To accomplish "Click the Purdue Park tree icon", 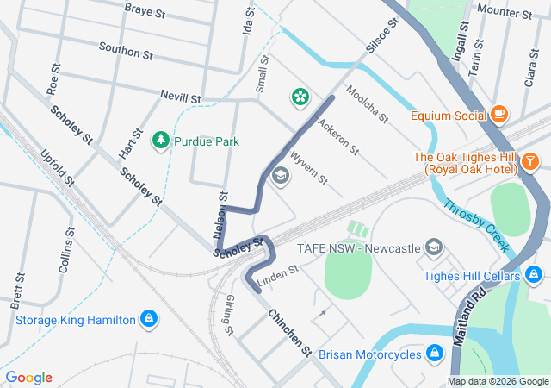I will tap(161, 140).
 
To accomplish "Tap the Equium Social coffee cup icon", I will tap(498, 114).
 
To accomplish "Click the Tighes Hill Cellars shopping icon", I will tap(535, 275).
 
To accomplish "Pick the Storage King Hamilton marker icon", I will tap(150, 319).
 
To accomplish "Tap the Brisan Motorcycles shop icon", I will tap(435, 353).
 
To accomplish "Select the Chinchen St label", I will tap(288, 332).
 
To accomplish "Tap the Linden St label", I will tap(277, 272).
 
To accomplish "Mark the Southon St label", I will tap(126, 51).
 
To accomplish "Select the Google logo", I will tap(29, 378).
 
